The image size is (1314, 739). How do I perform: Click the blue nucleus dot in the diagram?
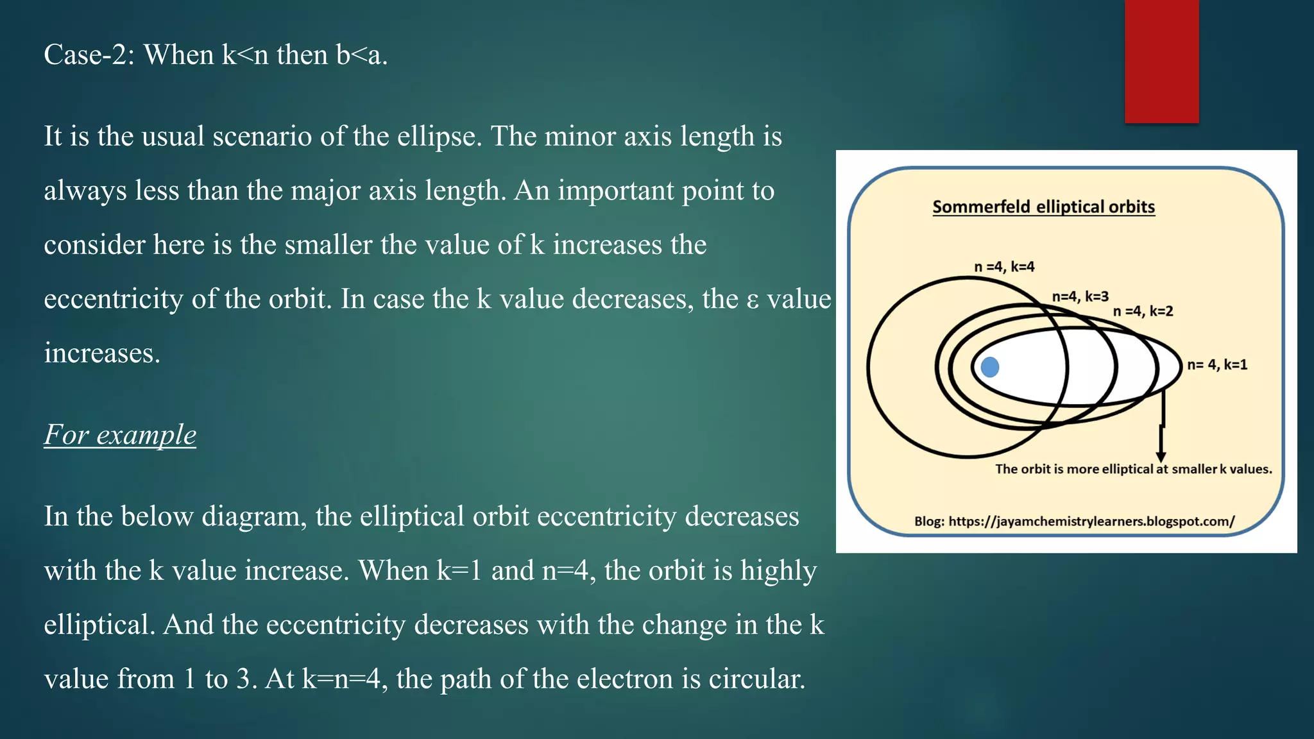coord(990,367)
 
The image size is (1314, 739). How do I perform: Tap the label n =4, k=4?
coord(1004,267)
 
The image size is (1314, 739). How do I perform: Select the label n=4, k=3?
coord(1080,296)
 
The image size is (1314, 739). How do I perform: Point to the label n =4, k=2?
coord(1143,311)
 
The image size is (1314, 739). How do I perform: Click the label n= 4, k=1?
coord(1217,365)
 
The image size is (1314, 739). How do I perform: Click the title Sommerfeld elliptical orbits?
coord(1043,207)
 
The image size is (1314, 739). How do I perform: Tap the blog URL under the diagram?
coord(1074,521)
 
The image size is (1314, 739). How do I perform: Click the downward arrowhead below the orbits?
coord(1161,455)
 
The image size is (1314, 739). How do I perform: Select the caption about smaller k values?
coord(1133,469)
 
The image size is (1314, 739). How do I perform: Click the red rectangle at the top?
coord(1161,61)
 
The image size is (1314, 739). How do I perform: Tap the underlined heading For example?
coord(120,435)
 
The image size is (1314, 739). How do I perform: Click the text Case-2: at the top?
coord(89,55)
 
